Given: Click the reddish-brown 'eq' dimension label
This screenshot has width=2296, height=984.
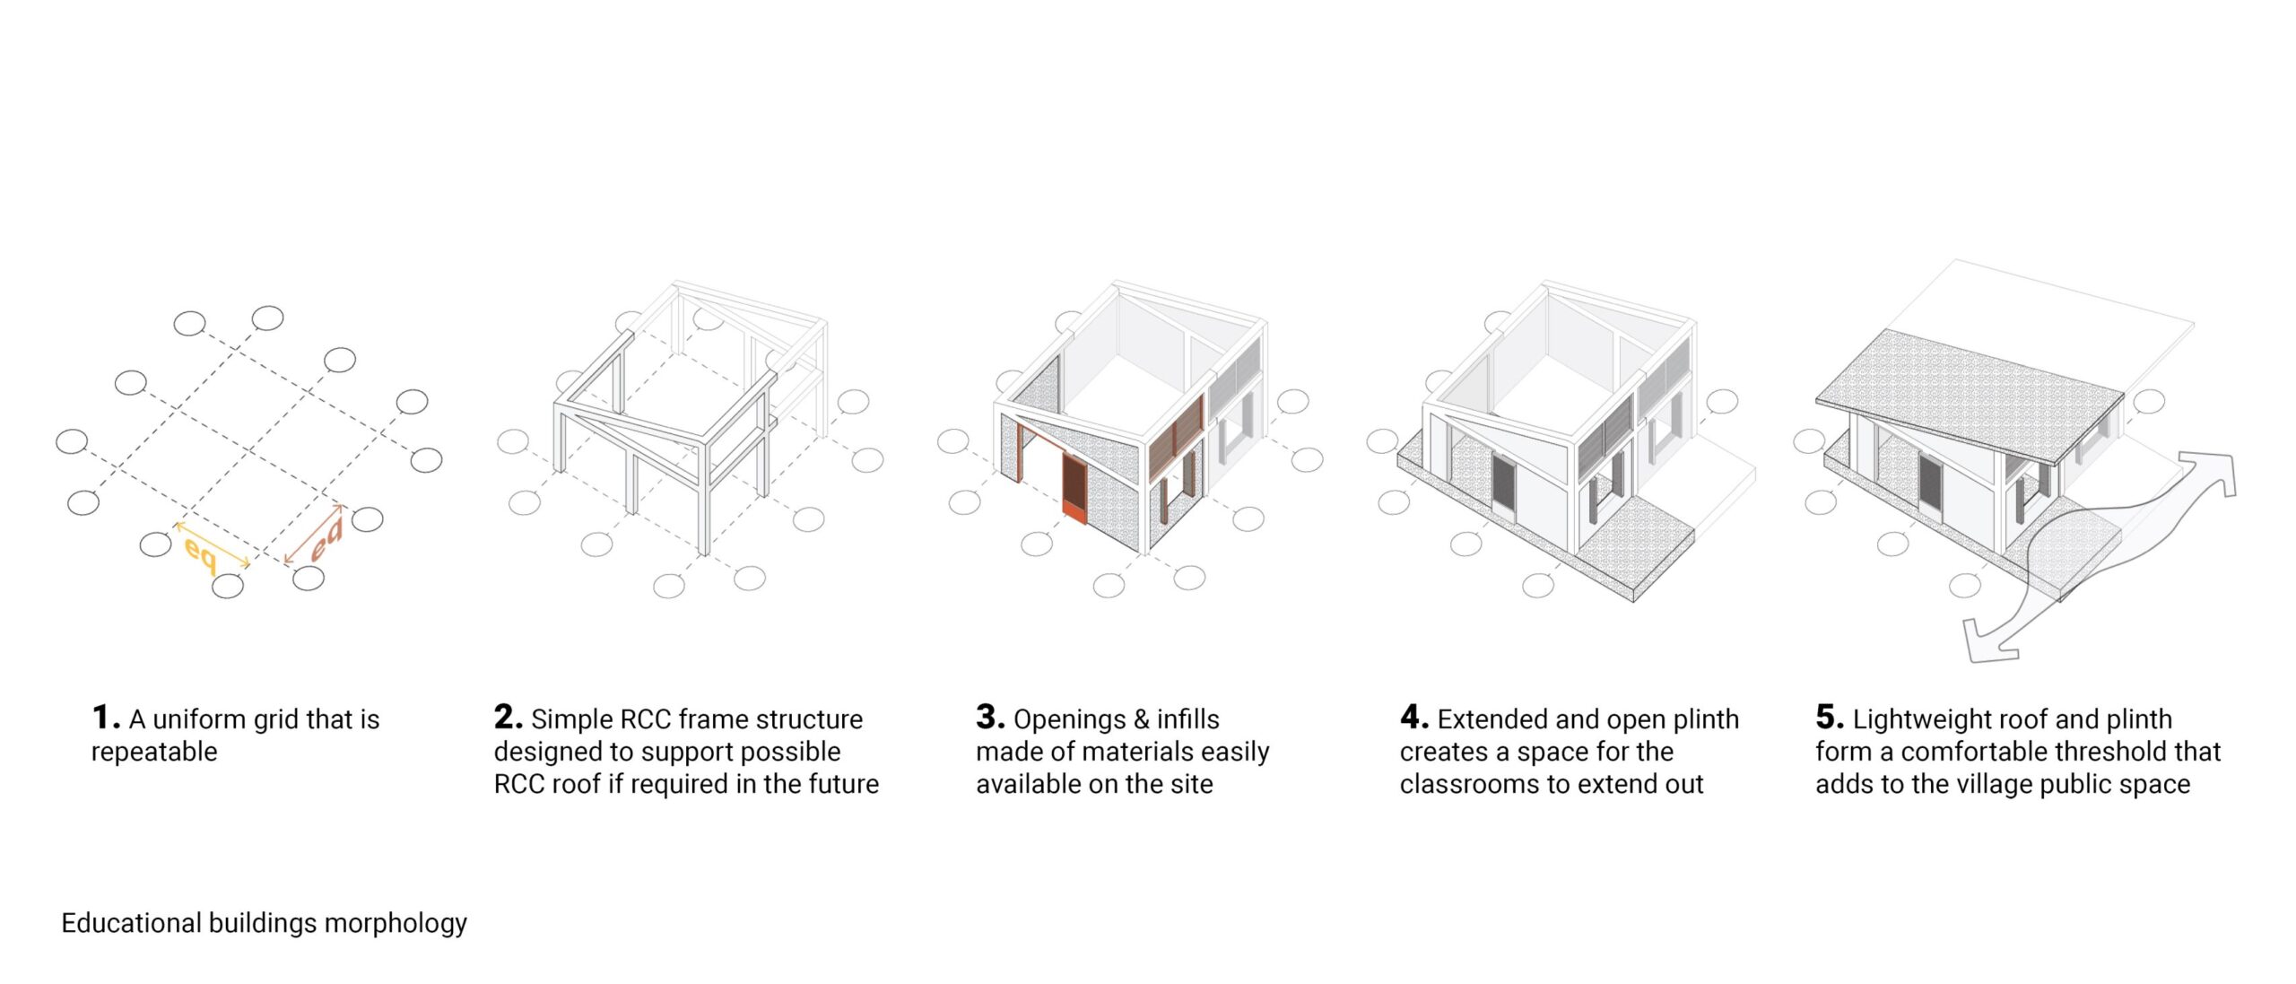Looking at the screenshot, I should point(326,539).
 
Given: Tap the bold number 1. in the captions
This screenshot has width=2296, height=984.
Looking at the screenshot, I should point(104,718).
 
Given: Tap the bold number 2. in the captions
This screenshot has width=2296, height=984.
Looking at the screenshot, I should point(508,718).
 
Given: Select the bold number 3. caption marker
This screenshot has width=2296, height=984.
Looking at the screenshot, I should point(989,718).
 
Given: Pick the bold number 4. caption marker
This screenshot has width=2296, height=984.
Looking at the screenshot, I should point(1413,718).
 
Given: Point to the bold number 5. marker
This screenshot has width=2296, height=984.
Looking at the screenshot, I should point(1830,718).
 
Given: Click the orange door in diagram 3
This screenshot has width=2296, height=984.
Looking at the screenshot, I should point(1074,489).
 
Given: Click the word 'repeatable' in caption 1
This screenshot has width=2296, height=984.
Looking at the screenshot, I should point(154,752).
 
